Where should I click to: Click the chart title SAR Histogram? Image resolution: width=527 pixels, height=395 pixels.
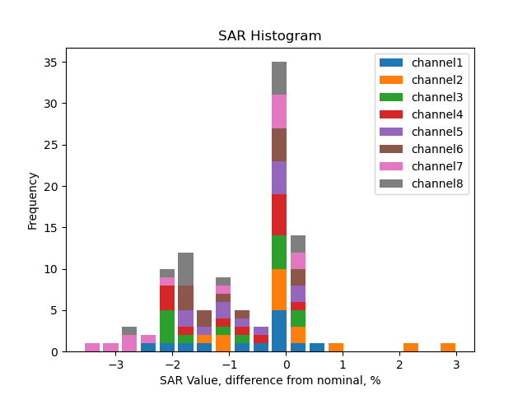tap(269, 36)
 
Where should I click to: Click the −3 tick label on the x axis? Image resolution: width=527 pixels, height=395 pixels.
tap(115, 365)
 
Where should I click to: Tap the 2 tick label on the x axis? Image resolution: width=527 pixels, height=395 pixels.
tap(399, 365)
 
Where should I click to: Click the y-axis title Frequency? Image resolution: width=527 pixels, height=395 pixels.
tap(33, 200)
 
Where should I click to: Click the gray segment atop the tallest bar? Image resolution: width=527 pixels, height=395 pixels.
tap(279, 78)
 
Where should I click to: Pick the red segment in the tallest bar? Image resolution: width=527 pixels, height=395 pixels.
tap(279, 215)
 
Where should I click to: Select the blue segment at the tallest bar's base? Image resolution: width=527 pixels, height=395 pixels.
tap(279, 330)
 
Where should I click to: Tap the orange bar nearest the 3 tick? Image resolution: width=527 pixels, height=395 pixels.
tap(448, 347)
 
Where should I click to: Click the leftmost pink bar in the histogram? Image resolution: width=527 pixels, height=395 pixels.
tap(92, 347)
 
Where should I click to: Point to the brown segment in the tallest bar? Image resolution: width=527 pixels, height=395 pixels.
tap(279, 145)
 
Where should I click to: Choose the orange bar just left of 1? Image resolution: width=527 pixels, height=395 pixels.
tap(336, 347)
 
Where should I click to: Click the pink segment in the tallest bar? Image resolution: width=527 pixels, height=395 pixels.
tap(279, 111)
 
